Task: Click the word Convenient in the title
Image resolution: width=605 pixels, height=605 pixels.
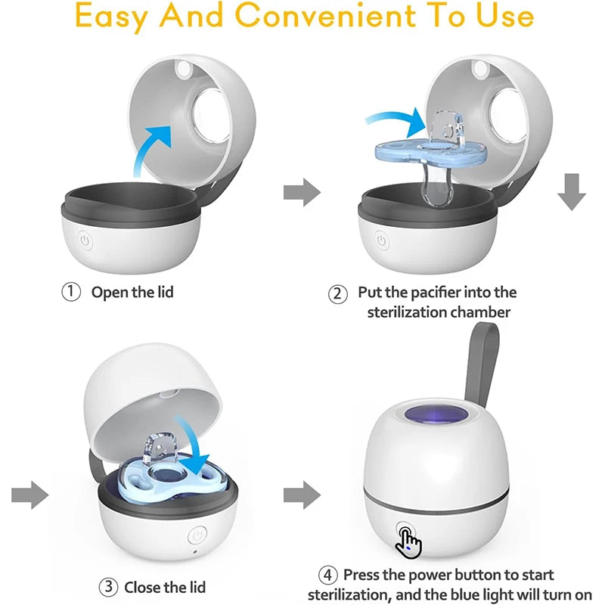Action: pos(325,15)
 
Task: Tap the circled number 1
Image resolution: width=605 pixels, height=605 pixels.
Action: pos(71,292)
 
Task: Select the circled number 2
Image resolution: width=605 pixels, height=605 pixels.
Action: pos(337,294)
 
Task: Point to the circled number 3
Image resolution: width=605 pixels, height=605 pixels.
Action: pos(108,587)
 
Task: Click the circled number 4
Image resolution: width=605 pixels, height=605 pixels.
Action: pos(327,575)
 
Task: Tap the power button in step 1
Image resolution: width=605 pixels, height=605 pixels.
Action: pos(85,240)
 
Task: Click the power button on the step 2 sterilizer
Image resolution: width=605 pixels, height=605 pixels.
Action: pos(382,240)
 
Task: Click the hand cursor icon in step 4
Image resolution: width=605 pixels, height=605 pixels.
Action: pos(408,543)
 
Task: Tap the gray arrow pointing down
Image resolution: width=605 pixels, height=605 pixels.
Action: pos(572,192)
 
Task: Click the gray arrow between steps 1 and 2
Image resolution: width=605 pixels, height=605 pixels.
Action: pos(302,192)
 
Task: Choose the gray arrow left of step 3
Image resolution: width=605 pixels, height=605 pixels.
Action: pos(30,495)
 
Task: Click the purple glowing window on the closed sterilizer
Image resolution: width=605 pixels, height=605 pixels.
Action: pos(436,415)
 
